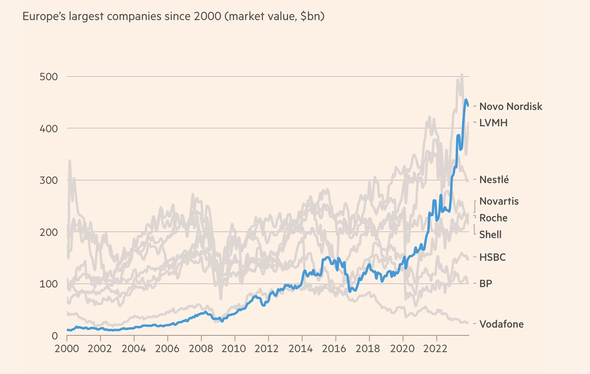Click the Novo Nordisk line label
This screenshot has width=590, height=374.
[x=511, y=106]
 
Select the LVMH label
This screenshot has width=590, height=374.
[x=493, y=123]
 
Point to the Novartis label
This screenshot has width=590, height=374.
[x=499, y=201]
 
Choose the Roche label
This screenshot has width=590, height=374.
[x=493, y=218]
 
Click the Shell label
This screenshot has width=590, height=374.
[x=491, y=234]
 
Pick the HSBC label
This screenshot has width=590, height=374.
[x=493, y=257]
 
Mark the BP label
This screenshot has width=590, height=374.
[x=486, y=284]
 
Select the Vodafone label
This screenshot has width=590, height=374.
[x=501, y=324]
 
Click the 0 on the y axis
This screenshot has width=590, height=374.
[x=55, y=336]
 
